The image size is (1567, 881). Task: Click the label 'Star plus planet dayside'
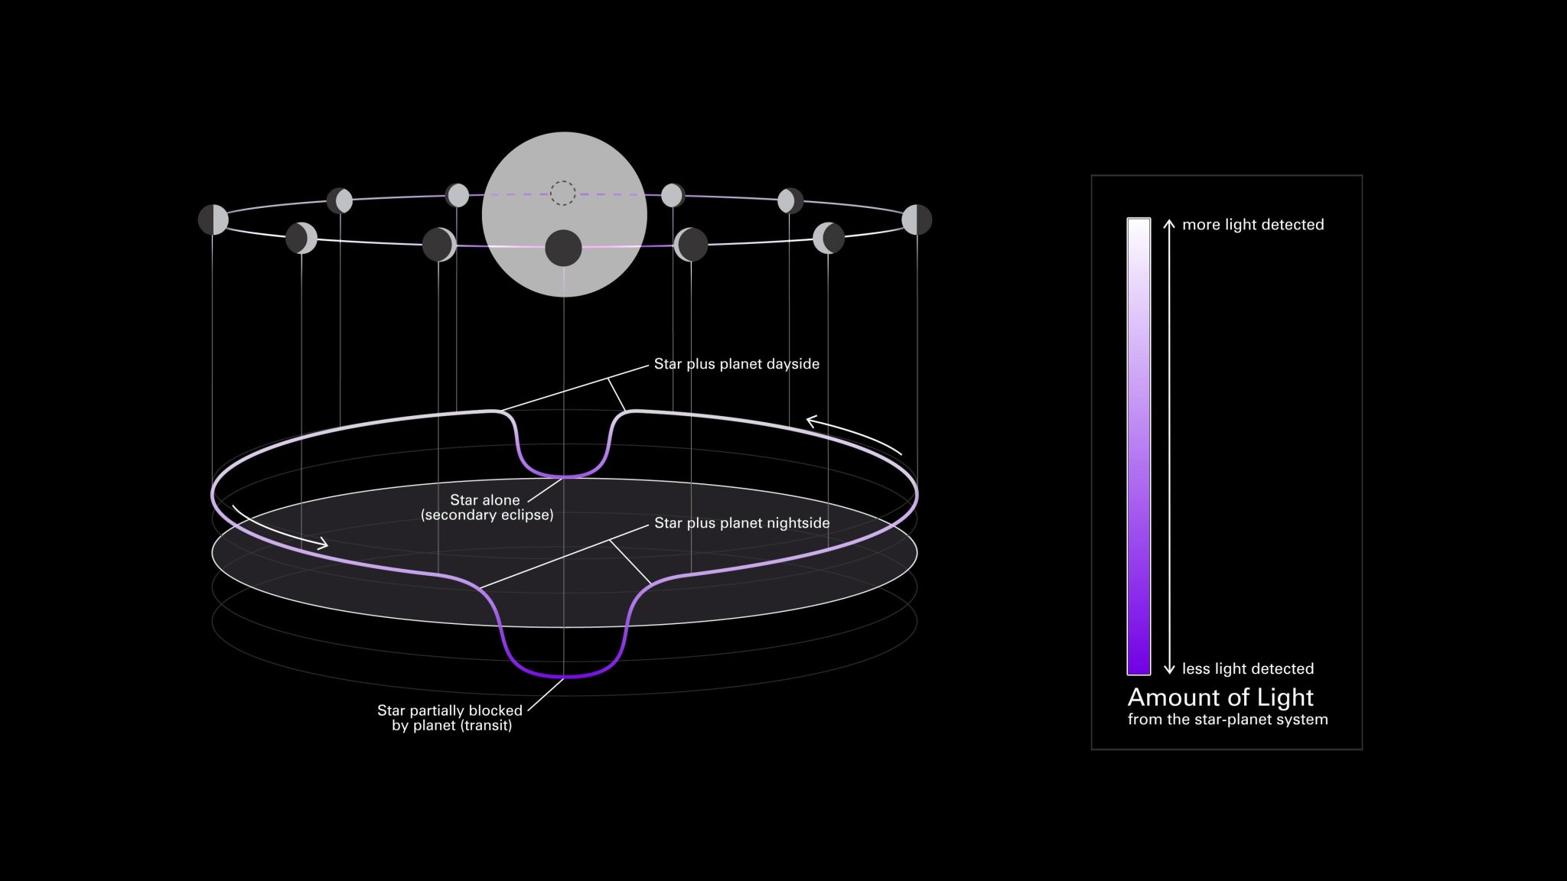pos(736,364)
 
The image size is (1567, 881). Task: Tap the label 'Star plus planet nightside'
pos(741,523)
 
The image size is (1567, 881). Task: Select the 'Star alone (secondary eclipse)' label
pos(487,507)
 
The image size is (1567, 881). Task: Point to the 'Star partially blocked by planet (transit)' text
pos(451,717)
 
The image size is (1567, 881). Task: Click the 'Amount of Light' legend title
pos(1220,697)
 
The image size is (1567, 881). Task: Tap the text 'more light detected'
pos(1253,225)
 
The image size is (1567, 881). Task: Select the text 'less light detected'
pos(1247,668)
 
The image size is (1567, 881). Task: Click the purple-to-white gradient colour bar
pos(1139,447)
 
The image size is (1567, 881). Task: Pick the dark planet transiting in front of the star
pos(563,248)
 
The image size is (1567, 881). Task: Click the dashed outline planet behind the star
pos(563,193)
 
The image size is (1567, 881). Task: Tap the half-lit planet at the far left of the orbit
pos(213,219)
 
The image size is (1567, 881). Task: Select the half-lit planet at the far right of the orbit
pos(917,219)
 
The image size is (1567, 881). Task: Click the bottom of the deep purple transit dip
pos(564,676)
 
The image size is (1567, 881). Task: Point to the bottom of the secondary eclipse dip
pos(564,476)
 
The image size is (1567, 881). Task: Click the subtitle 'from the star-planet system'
pos(1227,720)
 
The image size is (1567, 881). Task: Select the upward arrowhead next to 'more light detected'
pos(1169,223)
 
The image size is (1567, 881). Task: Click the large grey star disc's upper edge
pos(565,135)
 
